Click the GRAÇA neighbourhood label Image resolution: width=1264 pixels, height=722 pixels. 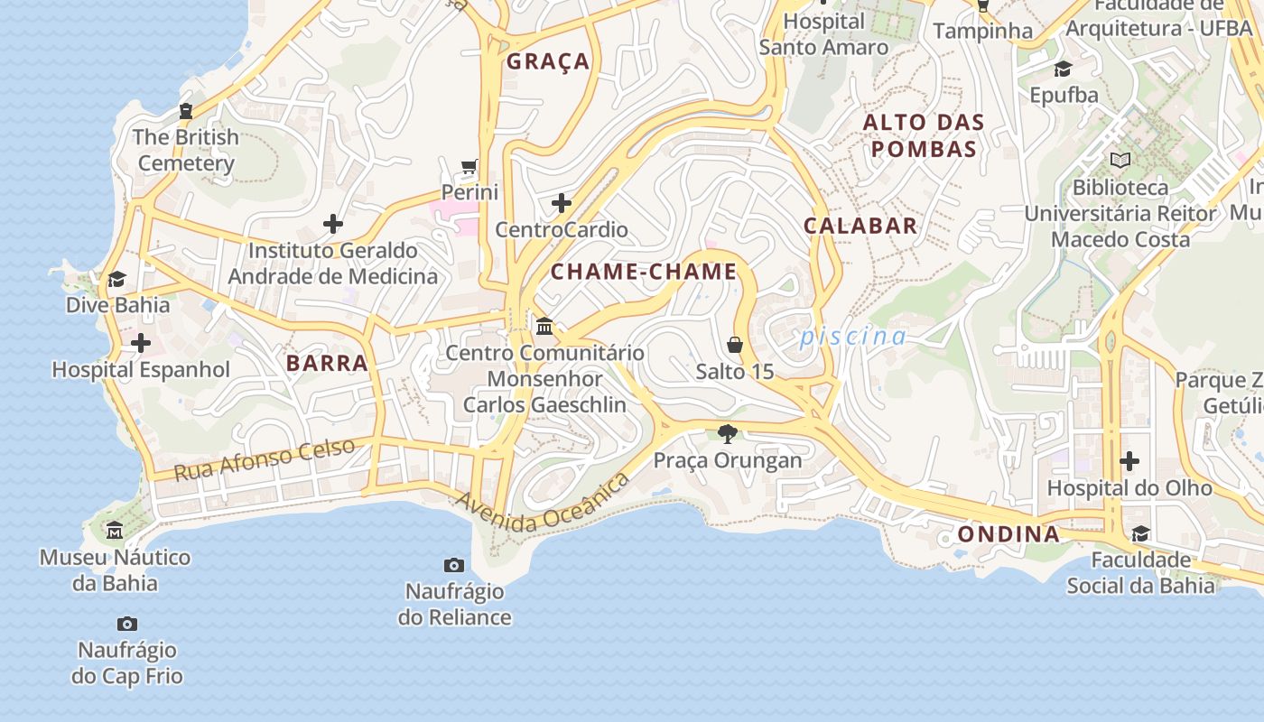pyautogui.click(x=548, y=61)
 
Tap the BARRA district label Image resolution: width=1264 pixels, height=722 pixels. pyautogui.click(x=327, y=364)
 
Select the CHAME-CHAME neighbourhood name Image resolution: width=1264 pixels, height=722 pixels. pyautogui.click(x=644, y=272)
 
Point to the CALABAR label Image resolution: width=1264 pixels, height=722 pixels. pyautogui.click(x=860, y=226)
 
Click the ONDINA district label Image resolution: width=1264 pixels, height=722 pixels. pyautogui.click(x=1008, y=534)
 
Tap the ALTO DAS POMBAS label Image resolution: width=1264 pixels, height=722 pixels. pyautogui.click(x=924, y=135)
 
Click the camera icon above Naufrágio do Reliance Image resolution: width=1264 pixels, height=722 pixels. pyautogui.click(x=454, y=566)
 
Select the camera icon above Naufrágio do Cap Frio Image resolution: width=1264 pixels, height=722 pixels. pyautogui.click(x=127, y=624)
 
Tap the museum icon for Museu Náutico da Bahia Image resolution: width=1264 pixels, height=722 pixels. pyautogui.click(x=115, y=530)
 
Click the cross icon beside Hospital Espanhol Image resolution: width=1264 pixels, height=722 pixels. pyautogui.click(x=141, y=343)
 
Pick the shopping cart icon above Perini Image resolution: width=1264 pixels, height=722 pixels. pyautogui.click(x=469, y=166)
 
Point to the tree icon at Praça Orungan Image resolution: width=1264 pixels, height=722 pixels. pyautogui.click(x=728, y=434)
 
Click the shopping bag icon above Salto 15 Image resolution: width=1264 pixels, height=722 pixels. pyautogui.click(x=735, y=345)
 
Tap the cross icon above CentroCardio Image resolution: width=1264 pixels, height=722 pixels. pyautogui.click(x=562, y=203)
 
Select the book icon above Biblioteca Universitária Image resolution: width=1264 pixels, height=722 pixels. pyautogui.click(x=1120, y=161)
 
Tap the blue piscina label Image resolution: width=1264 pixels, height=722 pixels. pyautogui.click(x=853, y=337)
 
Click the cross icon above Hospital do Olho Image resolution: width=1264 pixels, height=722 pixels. pyautogui.click(x=1129, y=461)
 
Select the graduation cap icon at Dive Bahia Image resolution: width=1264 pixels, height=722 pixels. pyautogui.click(x=116, y=279)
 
